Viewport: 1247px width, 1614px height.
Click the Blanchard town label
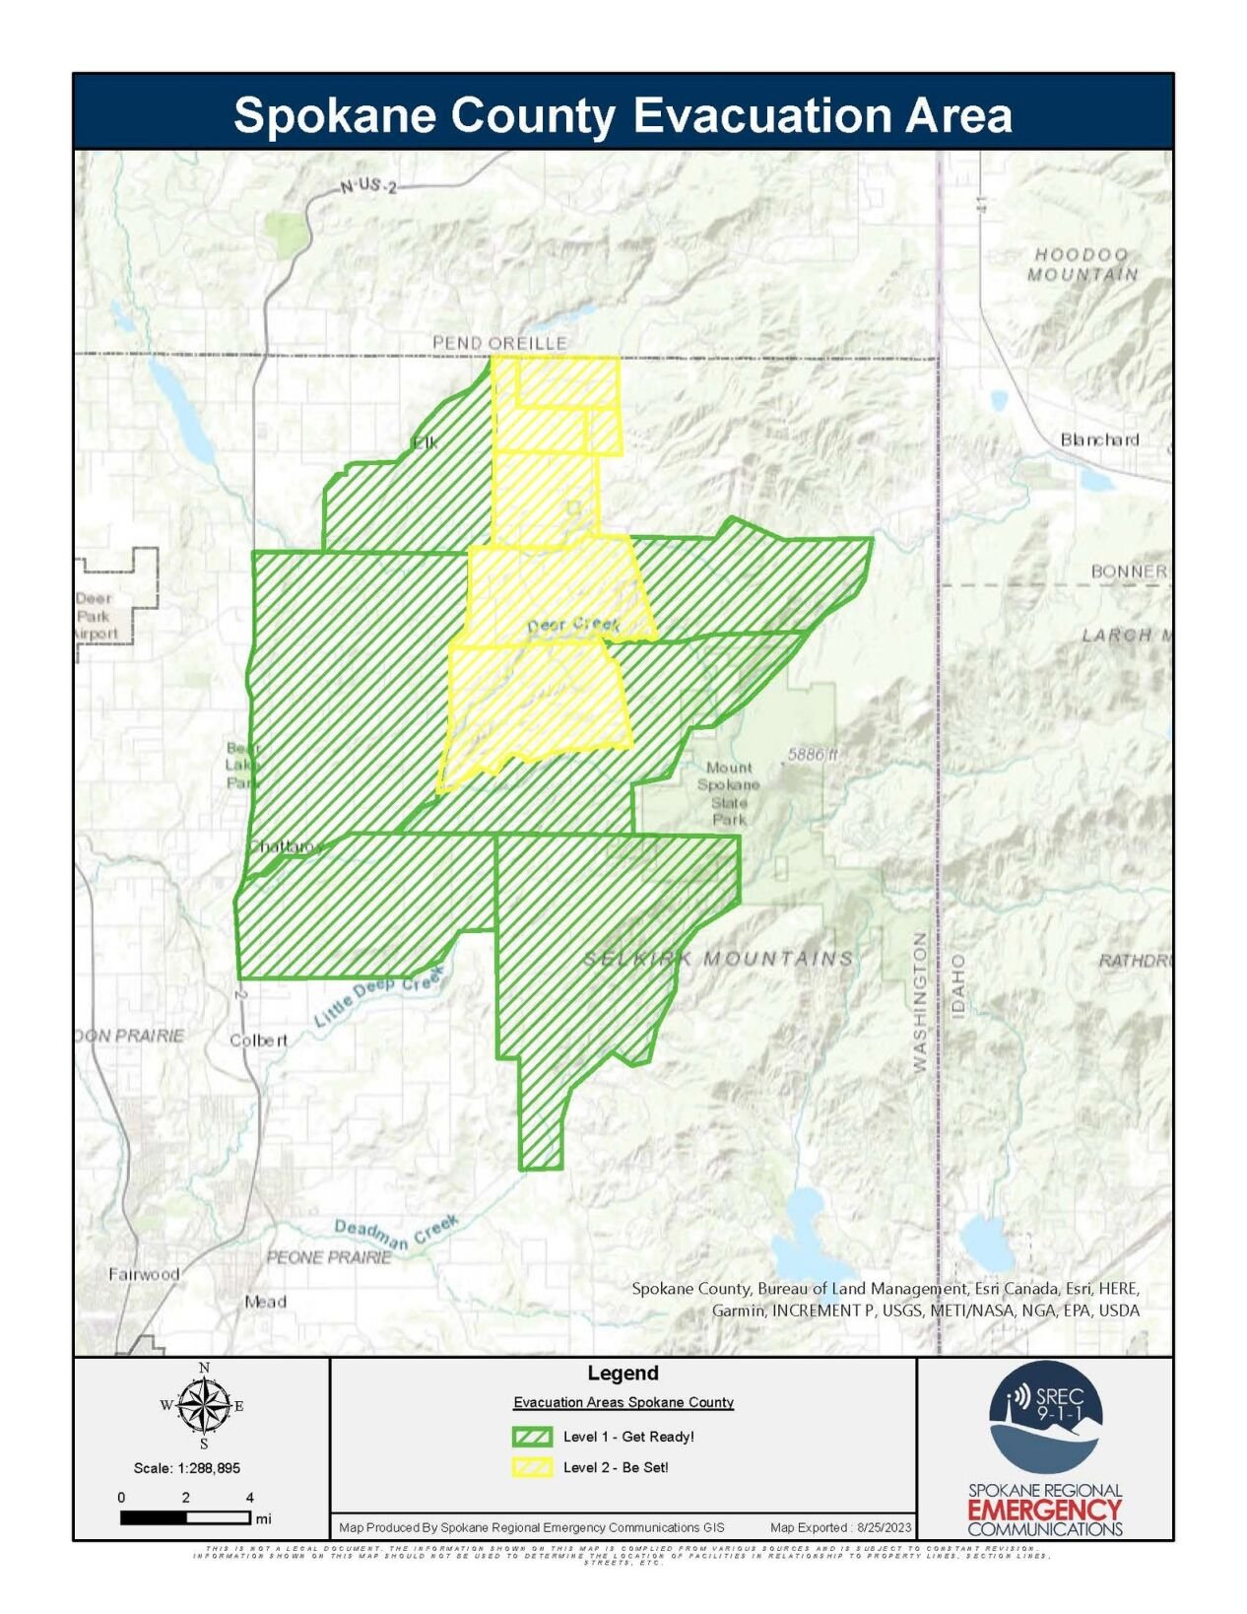1098,439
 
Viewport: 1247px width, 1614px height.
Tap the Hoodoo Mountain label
1082,264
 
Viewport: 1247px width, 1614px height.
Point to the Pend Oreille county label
499,342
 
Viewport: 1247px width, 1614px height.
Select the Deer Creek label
573,625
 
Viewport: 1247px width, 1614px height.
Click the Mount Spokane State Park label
729,792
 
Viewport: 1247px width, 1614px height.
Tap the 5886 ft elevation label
812,755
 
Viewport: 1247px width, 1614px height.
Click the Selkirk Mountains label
718,958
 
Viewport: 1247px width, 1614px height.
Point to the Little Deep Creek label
379,998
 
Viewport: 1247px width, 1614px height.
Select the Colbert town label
258,1040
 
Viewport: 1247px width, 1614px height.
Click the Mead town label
265,1302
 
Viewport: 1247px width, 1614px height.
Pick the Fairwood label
144,1274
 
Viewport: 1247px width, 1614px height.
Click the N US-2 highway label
367,185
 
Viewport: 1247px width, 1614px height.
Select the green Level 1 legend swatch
532,1436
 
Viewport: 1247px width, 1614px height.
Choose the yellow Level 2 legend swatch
532,1467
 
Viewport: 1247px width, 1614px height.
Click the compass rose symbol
203,1405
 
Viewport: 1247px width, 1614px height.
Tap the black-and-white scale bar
185,1518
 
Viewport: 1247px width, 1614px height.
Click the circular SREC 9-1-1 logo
1044,1416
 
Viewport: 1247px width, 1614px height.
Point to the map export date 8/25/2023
885,1527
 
